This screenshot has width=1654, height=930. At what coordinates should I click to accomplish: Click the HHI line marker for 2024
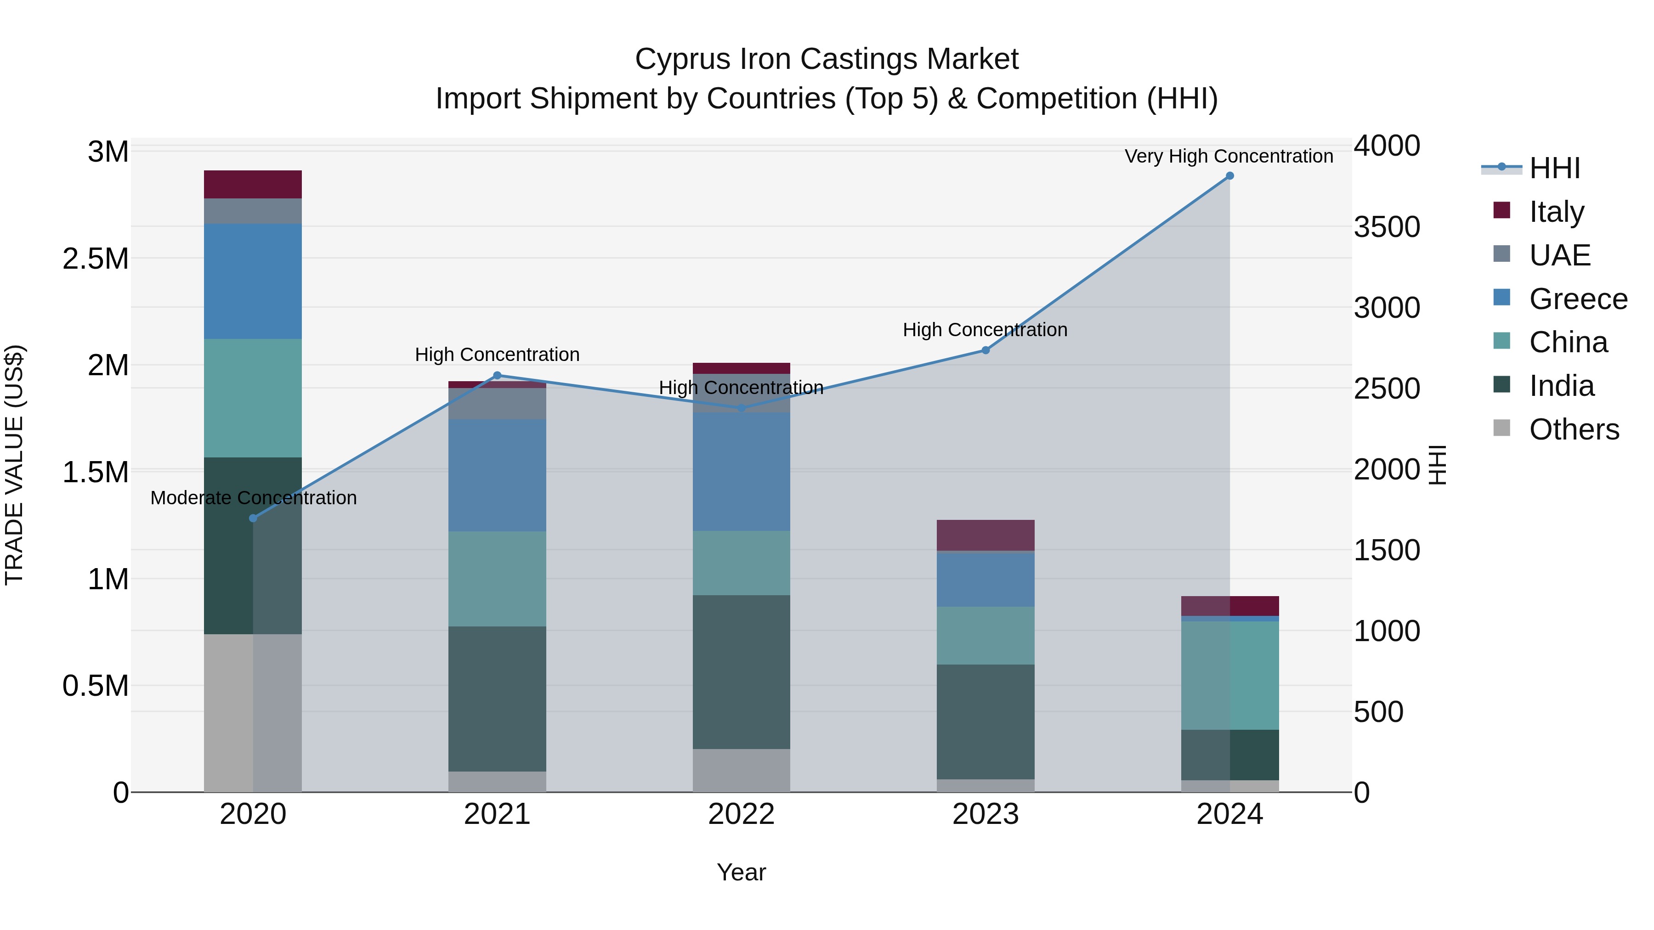(x=1229, y=176)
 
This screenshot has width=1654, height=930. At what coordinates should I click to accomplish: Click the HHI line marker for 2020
(x=253, y=518)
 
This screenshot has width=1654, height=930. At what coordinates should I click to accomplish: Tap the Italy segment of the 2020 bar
(x=253, y=184)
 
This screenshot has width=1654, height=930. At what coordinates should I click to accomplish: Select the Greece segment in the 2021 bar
(x=497, y=475)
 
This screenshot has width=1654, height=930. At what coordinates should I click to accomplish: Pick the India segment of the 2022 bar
(x=741, y=671)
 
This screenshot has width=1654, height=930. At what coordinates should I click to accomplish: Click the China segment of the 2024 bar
(x=1229, y=675)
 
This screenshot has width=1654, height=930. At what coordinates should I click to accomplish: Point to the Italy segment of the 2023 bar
(x=985, y=535)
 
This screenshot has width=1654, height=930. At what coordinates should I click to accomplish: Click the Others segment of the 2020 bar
(x=253, y=712)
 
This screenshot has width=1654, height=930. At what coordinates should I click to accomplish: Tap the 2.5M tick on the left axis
(x=96, y=259)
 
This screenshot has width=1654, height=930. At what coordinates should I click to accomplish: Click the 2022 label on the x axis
(x=741, y=814)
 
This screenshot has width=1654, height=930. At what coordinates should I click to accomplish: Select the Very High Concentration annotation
(x=1228, y=157)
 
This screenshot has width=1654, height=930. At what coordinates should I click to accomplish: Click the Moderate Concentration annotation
(x=254, y=498)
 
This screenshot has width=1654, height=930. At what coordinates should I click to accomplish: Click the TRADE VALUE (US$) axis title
(x=14, y=465)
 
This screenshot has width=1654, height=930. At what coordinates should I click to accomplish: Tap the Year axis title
(x=741, y=872)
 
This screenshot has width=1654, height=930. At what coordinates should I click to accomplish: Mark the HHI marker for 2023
(x=985, y=350)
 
